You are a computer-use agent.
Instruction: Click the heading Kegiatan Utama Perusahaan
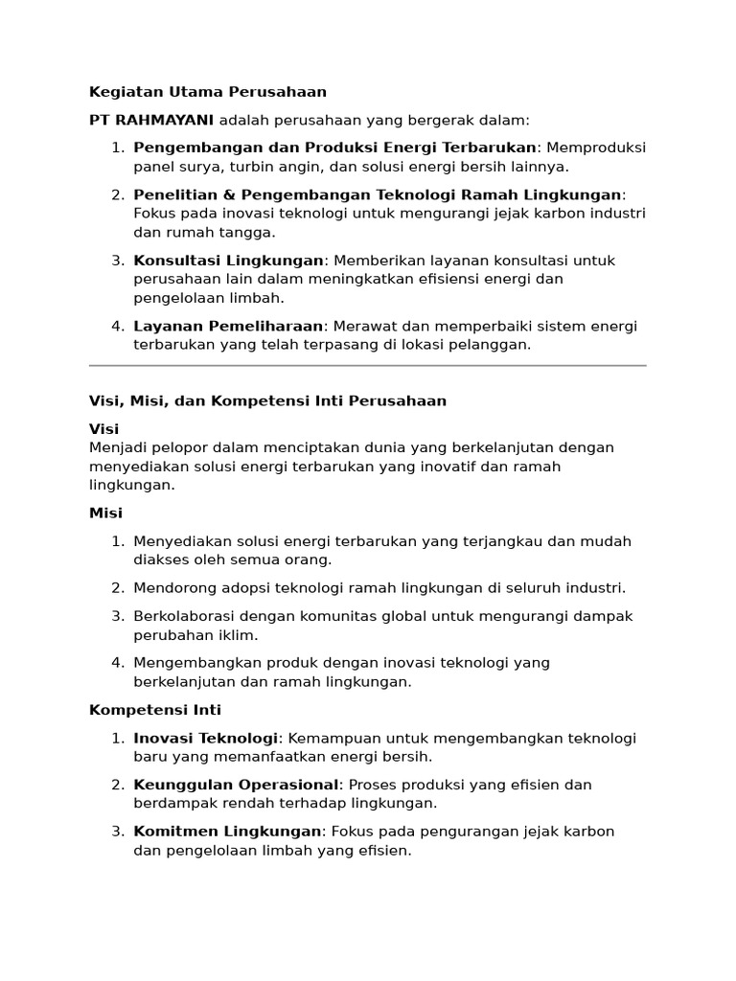tap(208, 92)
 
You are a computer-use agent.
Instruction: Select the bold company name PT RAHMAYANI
tap(152, 120)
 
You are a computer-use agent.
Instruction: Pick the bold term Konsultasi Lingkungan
tap(228, 261)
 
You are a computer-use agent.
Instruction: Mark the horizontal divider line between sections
tap(368, 365)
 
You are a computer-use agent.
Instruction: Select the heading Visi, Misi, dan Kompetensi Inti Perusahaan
tap(267, 400)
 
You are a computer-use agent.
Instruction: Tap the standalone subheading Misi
tap(105, 513)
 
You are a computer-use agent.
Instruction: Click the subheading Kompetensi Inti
tap(154, 710)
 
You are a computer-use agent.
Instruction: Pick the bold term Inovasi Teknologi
tap(205, 738)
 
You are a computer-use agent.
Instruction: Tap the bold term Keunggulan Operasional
tap(236, 785)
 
